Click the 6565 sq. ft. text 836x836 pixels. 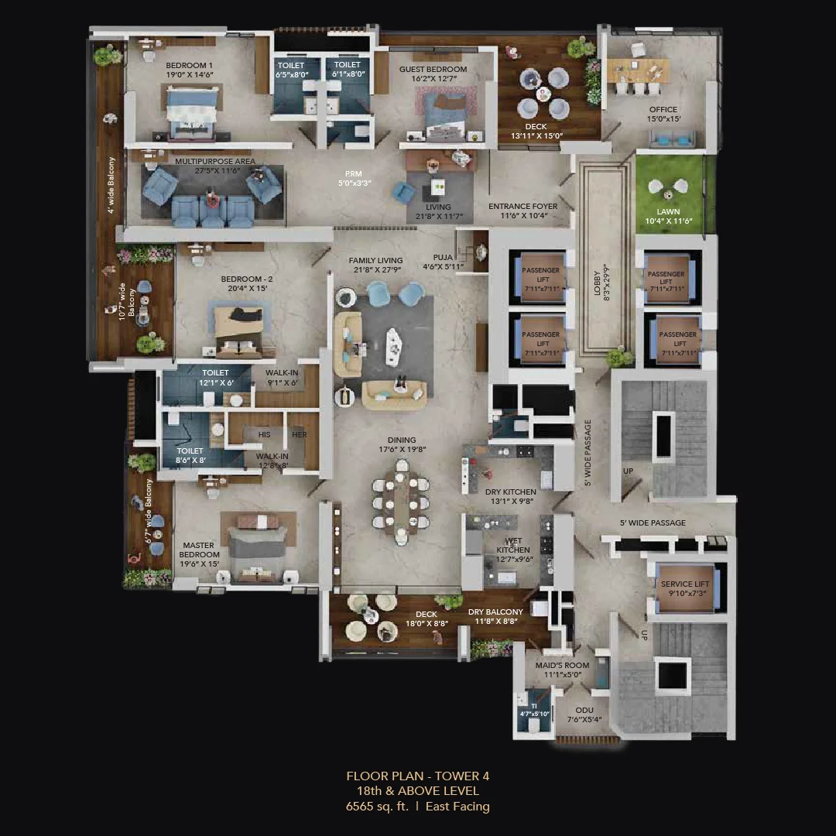click(x=375, y=807)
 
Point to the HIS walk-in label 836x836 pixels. click(x=265, y=434)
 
